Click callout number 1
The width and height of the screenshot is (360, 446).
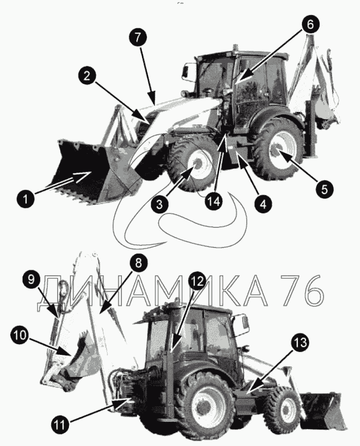[x=26, y=198]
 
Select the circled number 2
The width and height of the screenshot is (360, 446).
[x=87, y=76]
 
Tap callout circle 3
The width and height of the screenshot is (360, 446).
[x=159, y=204]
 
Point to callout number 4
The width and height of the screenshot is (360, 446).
[x=264, y=204]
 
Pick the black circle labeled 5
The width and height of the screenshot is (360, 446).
[x=325, y=189]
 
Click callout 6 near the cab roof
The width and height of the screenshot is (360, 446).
[x=310, y=24]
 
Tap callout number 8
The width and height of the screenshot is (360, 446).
[x=138, y=263]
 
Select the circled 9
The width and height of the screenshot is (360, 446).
[x=31, y=279]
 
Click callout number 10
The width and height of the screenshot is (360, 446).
[x=20, y=334]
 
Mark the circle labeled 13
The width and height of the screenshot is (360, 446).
[x=300, y=342]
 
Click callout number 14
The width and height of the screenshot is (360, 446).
[x=214, y=202]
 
